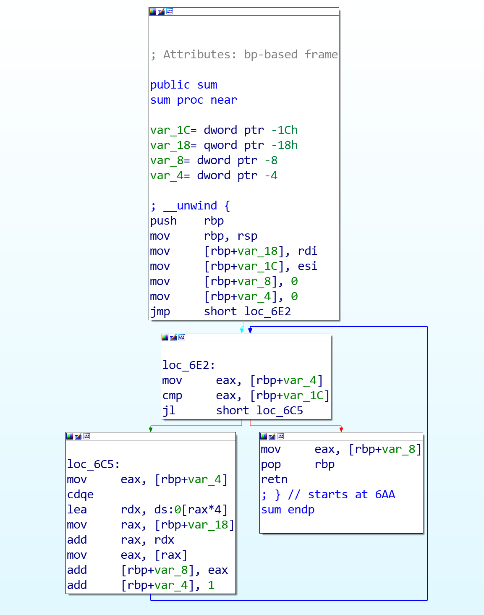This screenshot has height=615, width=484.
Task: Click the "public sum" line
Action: coord(184,85)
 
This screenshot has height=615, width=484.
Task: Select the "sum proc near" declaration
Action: coord(194,100)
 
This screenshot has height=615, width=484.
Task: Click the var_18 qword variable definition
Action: coord(224,145)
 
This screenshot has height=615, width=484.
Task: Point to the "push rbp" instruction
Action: coord(187,221)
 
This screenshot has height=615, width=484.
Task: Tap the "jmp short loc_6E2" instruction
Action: coord(220,311)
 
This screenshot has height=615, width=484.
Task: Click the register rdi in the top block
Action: coord(307,251)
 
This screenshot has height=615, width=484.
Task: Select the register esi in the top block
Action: coord(307,266)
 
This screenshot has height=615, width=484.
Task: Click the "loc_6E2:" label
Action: coord(188,365)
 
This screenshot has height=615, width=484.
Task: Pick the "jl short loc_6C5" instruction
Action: coord(233,411)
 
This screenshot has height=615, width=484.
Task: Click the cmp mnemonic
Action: coord(172,395)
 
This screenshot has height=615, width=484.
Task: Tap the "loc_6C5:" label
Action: coord(93,464)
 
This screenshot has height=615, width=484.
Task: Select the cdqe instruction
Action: coord(80,495)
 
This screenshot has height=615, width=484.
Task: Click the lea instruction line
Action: coord(147,510)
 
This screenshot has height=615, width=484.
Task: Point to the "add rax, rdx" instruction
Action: coord(120,540)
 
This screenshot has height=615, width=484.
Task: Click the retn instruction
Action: coord(274,479)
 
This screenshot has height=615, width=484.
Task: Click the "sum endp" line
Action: coord(288,510)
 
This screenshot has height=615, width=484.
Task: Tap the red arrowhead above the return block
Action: coord(341,429)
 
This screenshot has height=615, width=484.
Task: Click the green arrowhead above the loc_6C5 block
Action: coord(151,429)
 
